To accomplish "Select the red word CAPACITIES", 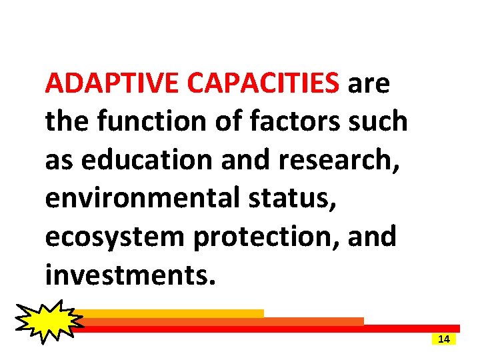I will click(264, 85).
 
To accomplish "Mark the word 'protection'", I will click(266, 237).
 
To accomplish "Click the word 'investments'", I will click(130, 274).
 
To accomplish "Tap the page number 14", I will click(444, 339).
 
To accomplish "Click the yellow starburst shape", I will click(47, 321).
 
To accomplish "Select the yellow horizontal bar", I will click(173, 313).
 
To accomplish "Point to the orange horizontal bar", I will click(227, 321).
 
